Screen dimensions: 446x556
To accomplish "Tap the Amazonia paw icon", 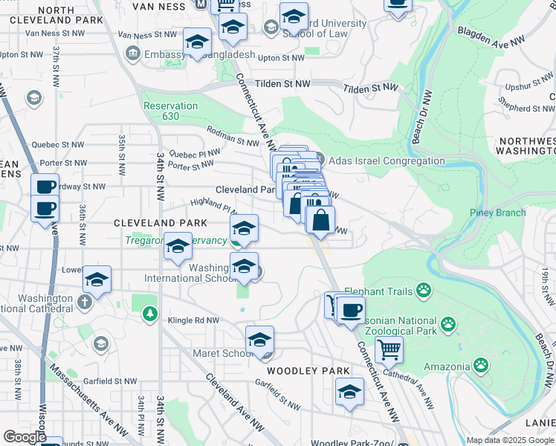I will point(481,365).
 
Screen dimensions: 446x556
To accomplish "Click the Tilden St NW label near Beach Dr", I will point(371,88).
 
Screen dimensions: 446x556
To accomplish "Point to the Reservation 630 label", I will point(171,111).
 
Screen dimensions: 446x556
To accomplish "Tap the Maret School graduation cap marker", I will point(259,340).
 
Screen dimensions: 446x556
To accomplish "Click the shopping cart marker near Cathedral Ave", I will point(389,348).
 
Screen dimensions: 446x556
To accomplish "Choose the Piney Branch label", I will point(497,213).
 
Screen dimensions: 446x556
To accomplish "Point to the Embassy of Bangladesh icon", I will point(133,54).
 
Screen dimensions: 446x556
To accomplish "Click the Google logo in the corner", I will point(24,436).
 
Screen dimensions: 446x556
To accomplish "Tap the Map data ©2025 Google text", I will point(510,440).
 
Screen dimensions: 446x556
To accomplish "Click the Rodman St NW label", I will point(232,139).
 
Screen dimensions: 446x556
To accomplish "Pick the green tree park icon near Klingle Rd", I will point(150,314).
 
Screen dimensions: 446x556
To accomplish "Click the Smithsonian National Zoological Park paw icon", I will point(448,323).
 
